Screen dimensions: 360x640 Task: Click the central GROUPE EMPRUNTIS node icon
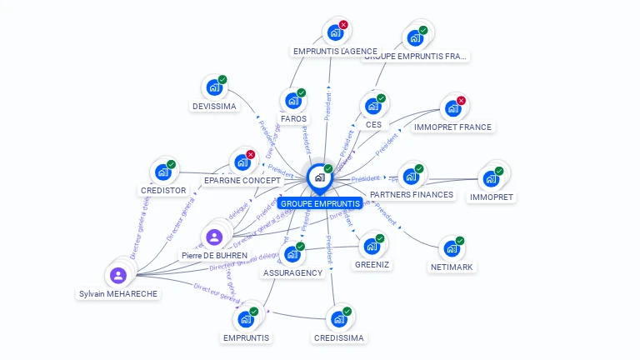pos(319,177)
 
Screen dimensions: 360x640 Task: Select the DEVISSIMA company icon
pos(214,87)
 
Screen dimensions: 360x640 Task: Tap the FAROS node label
pos(293,118)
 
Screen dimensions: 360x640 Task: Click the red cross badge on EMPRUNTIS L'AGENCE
pos(343,25)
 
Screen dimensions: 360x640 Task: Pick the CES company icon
pos(372,106)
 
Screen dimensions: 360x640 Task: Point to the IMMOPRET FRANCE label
pos(452,127)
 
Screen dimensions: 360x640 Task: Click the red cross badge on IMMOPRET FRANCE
pos(461,101)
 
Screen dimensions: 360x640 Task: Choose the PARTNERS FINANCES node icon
pos(411,176)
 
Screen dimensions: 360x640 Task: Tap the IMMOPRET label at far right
pos(492,197)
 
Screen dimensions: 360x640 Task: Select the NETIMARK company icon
pos(452,248)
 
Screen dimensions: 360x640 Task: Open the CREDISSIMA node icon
pos(338,318)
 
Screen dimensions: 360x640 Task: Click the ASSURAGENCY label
pos(292,272)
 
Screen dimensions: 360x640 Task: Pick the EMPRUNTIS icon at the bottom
pos(246,318)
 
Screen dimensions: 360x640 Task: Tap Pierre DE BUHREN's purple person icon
pos(214,237)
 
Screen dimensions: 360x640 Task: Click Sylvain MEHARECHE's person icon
pos(118,275)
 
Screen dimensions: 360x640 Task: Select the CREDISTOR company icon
pos(162,172)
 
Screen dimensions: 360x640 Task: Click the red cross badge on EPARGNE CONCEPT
pos(250,154)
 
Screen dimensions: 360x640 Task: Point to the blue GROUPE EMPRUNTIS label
pos(320,203)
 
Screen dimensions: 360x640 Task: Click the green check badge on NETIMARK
pos(459,241)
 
